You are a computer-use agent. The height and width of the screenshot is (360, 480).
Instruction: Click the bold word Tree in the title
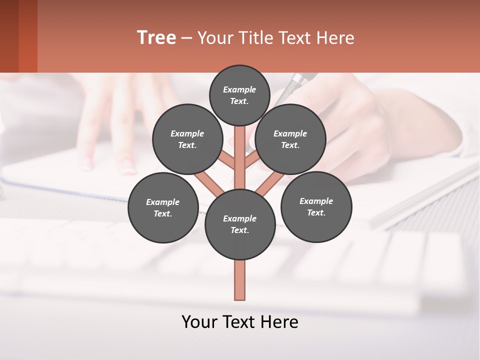(x=156, y=38)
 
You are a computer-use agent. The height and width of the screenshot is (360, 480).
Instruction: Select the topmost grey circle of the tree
(x=239, y=95)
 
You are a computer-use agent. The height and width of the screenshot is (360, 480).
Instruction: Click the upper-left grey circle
(x=187, y=139)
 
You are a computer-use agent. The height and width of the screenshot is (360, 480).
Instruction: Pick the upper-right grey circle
(x=290, y=139)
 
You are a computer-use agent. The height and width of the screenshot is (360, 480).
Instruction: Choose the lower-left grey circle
(x=163, y=207)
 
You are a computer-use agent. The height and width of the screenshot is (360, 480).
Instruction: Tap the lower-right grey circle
(x=316, y=207)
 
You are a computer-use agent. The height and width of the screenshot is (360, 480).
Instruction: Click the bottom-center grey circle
(x=240, y=224)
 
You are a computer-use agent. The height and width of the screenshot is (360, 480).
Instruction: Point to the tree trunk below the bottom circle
(x=240, y=280)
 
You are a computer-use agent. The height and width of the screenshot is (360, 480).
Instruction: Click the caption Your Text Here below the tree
(x=240, y=322)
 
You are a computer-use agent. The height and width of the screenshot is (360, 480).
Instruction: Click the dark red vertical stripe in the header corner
(x=28, y=36)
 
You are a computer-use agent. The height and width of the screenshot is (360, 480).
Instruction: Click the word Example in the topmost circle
(x=239, y=89)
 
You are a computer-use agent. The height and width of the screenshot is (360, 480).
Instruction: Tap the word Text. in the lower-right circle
(x=316, y=212)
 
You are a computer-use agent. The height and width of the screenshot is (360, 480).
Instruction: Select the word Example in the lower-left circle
(x=162, y=202)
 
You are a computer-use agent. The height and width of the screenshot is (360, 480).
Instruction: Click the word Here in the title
(x=336, y=38)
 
